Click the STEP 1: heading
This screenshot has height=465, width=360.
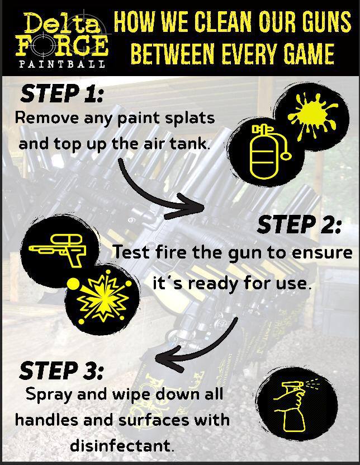click(x=62, y=93)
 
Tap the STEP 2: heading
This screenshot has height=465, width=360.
click(x=299, y=224)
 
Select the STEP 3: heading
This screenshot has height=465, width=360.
click(x=61, y=370)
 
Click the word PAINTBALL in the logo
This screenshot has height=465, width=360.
click(x=62, y=64)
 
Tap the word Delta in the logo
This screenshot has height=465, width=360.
click(x=62, y=23)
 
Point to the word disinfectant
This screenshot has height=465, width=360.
click(x=122, y=445)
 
